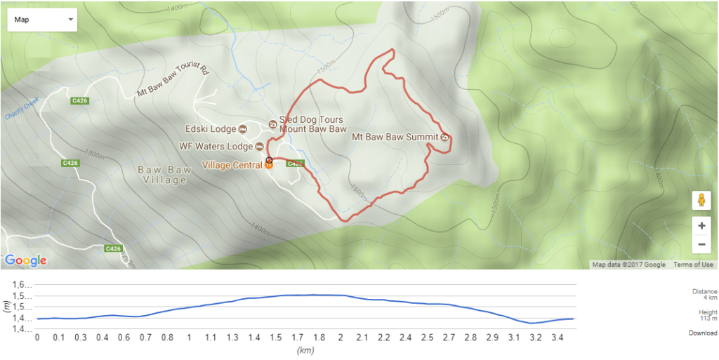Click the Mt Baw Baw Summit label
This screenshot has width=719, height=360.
[395, 137]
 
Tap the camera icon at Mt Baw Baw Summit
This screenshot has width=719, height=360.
[445, 137]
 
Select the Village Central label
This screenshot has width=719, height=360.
[232, 166]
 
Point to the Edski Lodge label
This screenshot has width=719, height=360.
[210, 128]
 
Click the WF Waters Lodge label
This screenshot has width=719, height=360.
[216, 147]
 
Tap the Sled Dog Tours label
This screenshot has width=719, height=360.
[312, 120]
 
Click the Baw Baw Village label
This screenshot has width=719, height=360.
[163, 175]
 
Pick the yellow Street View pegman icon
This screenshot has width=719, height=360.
[701, 201]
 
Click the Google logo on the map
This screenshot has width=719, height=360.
[26, 260]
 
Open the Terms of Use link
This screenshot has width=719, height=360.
[693, 265]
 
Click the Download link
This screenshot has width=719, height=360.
[702, 333]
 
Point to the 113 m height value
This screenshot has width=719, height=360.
[707, 317]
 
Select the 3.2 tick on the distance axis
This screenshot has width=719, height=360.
[536, 338]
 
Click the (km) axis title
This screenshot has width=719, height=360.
[304, 349]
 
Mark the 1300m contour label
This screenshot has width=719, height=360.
[92, 153]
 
